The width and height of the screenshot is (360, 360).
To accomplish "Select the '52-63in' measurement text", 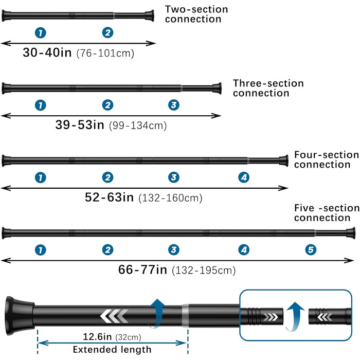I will (110, 196).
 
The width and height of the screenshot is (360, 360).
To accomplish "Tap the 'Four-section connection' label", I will (326, 159).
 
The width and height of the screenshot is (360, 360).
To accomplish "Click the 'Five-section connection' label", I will (326, 213).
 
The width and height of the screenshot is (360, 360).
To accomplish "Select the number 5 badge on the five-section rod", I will (310, 250).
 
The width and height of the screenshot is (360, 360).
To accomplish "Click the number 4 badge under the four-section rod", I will (244, 177).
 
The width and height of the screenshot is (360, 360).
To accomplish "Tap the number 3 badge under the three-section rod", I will (174, 105).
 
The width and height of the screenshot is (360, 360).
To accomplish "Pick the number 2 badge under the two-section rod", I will (107, 33).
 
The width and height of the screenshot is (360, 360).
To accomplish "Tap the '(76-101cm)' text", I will (109, 53).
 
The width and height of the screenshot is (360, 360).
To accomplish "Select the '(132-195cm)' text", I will (204, 269).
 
